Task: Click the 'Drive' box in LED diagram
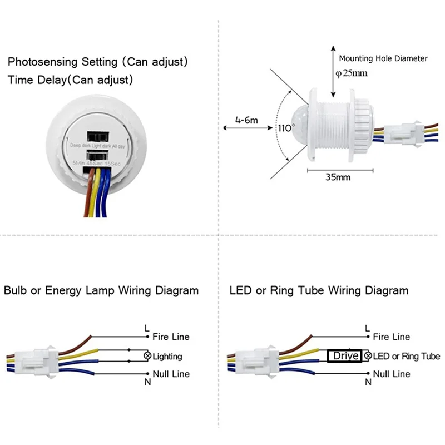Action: (x=345, y=356)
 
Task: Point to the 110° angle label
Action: (x=285, y=128)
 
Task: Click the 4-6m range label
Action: (x=245, y=119)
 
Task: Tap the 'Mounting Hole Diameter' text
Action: (x=383, y=58)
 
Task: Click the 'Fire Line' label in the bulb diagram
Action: (x=171, y=337)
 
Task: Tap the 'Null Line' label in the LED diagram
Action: (x=392, y=373)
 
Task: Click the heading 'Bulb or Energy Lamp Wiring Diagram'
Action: (x=101, y=290)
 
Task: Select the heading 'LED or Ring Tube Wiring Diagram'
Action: (x=319, y=290)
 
